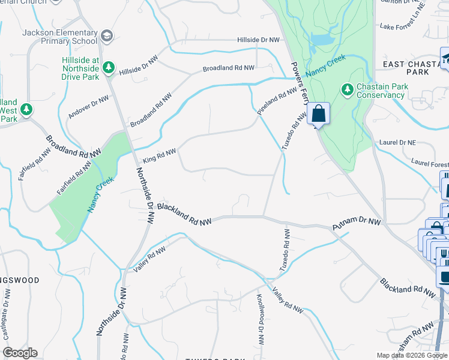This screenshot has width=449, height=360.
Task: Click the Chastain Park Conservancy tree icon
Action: click(x=347, y=90)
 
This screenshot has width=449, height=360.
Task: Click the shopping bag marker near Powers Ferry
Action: click(x=318, y=113)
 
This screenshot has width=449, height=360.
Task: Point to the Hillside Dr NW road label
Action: click(x=259, y=40)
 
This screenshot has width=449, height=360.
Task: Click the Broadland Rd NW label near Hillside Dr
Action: click(x=229, y=68)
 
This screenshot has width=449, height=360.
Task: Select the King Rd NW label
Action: click(x=160, y=156)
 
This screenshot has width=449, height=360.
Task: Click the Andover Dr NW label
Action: click(x=88, y=107)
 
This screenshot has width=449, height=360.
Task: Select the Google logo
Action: click(x=20, y=353)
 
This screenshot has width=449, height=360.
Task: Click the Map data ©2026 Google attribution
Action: click(x=412, y=355)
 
